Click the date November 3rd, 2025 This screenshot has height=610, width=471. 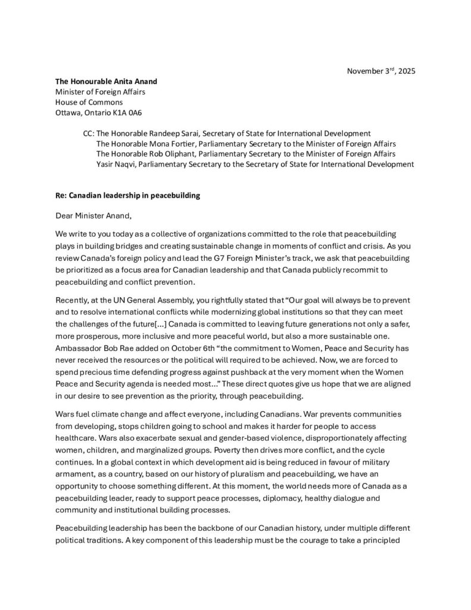click(381, 71)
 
